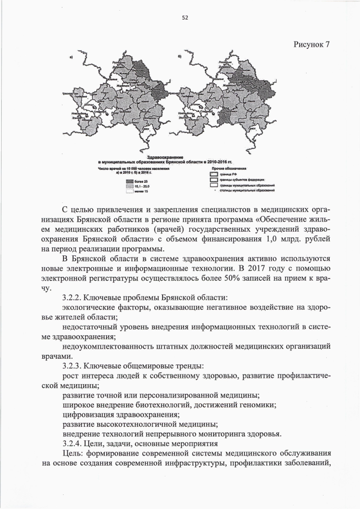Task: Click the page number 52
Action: point(184,17)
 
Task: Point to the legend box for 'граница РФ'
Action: point(213,174)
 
